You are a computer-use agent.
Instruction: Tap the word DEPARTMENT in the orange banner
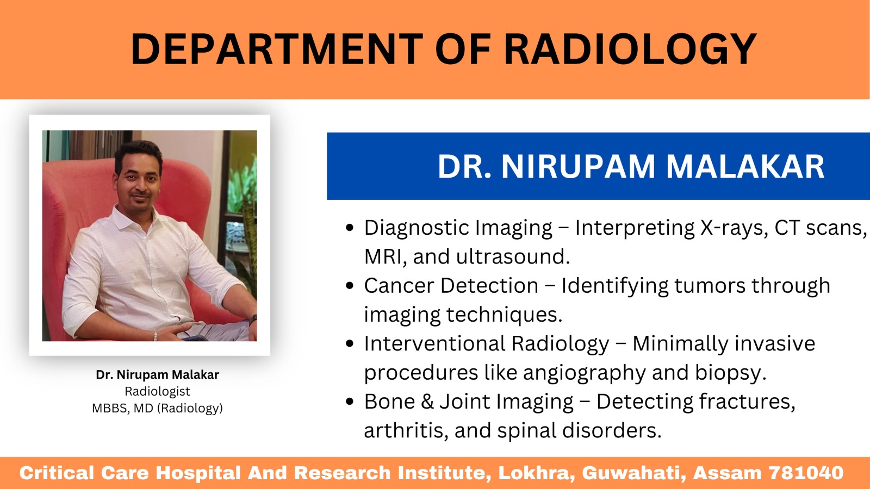[277, 49]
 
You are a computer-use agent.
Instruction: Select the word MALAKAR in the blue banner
[745, 166]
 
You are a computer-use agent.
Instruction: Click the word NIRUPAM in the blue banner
[579, 166]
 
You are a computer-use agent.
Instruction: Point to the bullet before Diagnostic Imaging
[350, 228]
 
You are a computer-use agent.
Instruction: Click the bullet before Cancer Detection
[350, 286]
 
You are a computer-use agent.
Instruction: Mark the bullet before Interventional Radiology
[350, 343]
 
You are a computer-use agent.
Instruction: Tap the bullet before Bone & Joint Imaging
[350, 402]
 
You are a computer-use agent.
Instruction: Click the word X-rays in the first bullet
[735, 228]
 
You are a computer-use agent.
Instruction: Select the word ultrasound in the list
[513, 256]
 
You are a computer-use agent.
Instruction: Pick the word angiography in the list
[585, 373]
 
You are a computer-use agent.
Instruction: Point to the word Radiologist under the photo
[157, 391]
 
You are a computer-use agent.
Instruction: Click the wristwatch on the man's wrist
[253, 320]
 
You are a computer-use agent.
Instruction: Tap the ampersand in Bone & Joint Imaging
[427, 402]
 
